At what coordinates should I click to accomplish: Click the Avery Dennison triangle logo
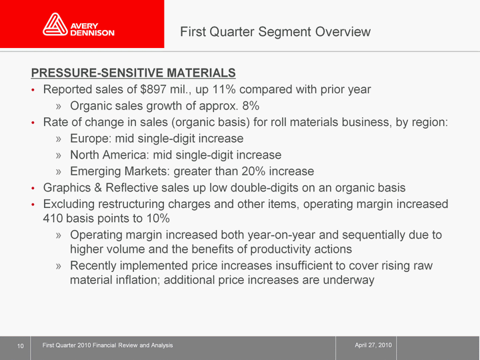55,24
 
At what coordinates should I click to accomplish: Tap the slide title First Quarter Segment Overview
275,31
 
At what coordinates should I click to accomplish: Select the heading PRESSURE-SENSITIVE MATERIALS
133,73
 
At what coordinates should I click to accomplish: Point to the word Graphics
67,187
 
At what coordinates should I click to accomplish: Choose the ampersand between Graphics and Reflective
98,187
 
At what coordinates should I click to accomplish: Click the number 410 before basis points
53,219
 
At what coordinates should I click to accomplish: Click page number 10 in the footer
20,346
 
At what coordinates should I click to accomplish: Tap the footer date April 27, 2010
373,345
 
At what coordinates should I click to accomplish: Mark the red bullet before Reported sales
33,90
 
